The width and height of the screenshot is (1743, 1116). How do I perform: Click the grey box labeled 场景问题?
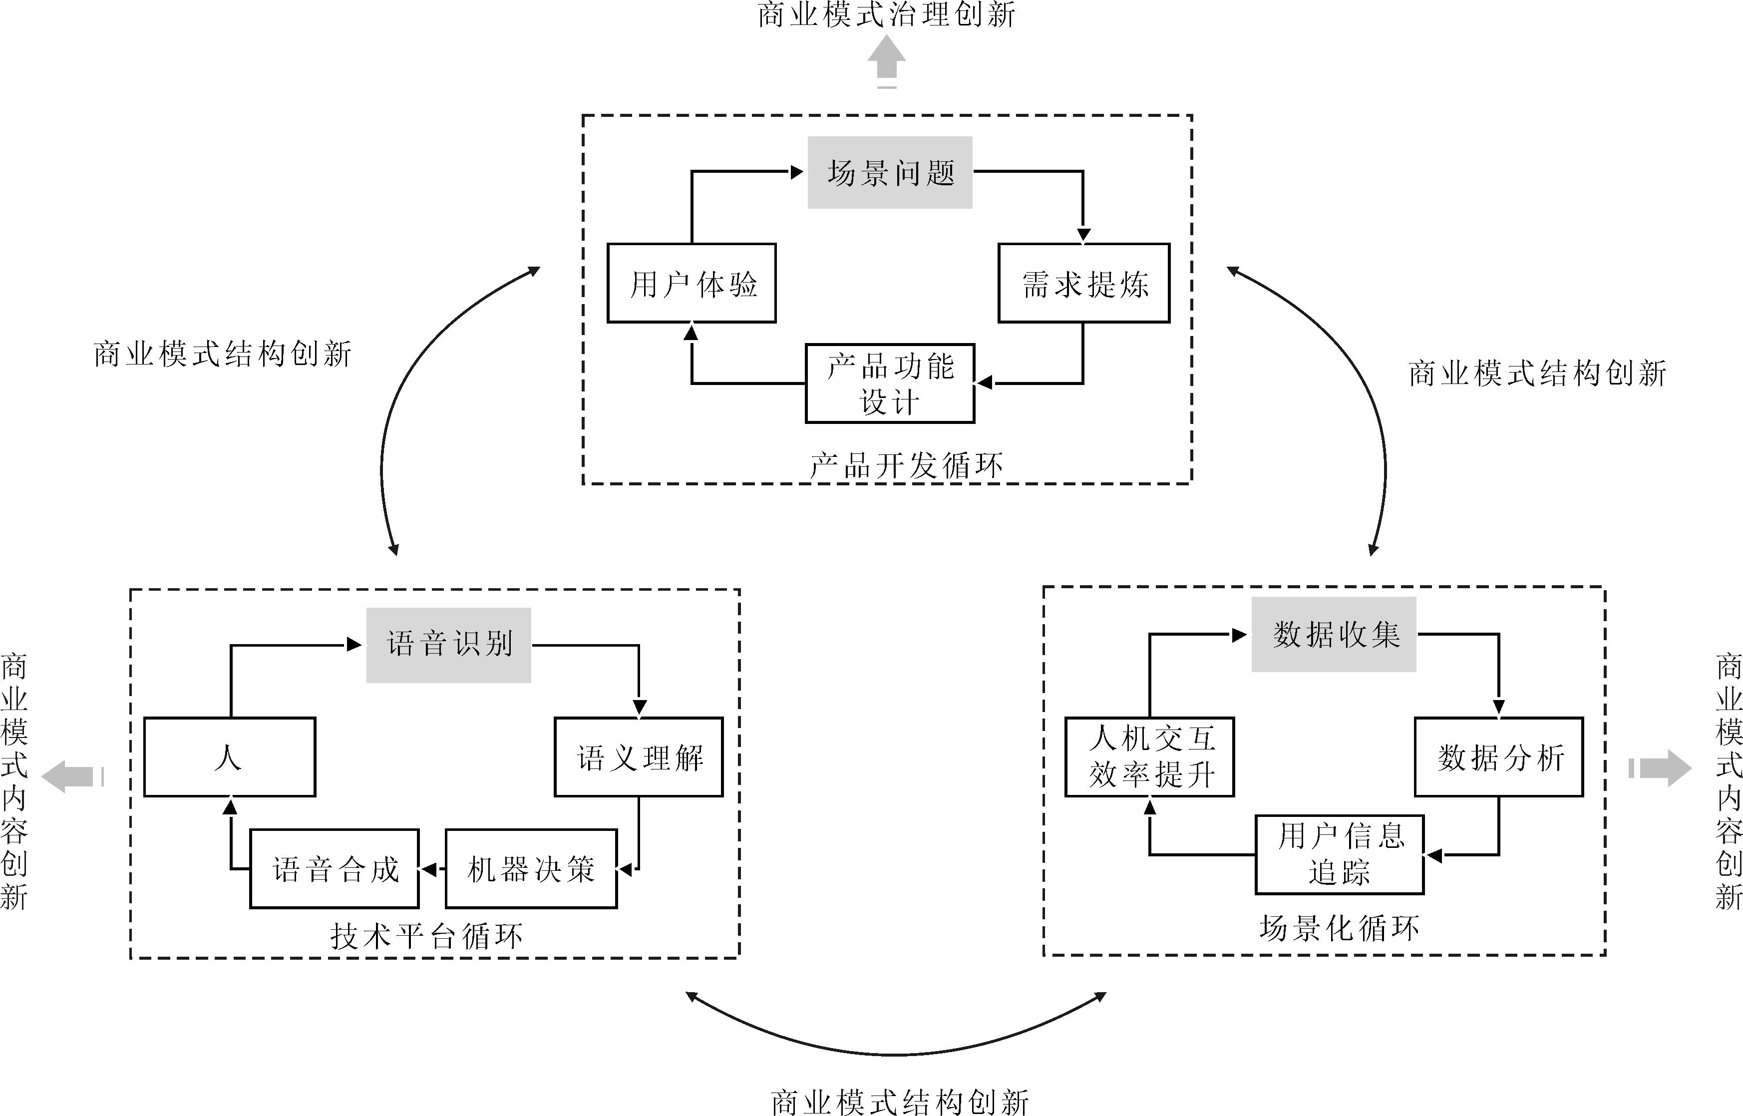890,172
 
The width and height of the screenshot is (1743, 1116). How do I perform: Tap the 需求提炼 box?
1084,283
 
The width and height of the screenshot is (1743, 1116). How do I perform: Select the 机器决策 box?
531,869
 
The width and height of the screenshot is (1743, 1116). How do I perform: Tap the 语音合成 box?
334,869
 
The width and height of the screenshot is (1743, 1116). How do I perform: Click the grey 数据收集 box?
1334,634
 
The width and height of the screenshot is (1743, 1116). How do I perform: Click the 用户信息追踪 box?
1340,854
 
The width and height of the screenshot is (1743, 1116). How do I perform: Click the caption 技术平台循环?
426,936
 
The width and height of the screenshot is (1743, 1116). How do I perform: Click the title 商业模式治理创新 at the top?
887,14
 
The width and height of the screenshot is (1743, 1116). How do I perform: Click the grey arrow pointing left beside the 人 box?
69,776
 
